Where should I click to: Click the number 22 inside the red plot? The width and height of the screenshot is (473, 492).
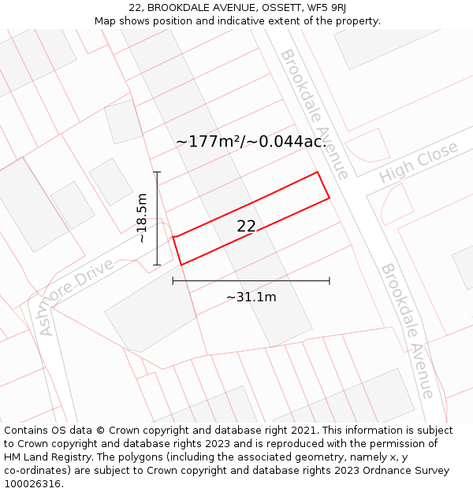point(246,227)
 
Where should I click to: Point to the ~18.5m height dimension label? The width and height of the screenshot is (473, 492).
point(142,218)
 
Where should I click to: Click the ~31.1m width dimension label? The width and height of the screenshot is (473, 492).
point(251,297)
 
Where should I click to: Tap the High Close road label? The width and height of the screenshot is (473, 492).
point(418,162)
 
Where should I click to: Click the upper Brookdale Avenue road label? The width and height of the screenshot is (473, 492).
point(314,113)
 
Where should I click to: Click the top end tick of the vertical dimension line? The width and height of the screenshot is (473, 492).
point(157,172)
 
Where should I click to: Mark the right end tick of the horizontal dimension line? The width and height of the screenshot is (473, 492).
point(330,280)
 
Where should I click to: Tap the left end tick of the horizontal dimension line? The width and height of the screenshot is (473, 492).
point(173,280)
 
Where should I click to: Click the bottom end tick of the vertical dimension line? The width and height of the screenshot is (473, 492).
point(157,265)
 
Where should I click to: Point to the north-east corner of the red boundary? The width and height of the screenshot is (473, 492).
point(318,172)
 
